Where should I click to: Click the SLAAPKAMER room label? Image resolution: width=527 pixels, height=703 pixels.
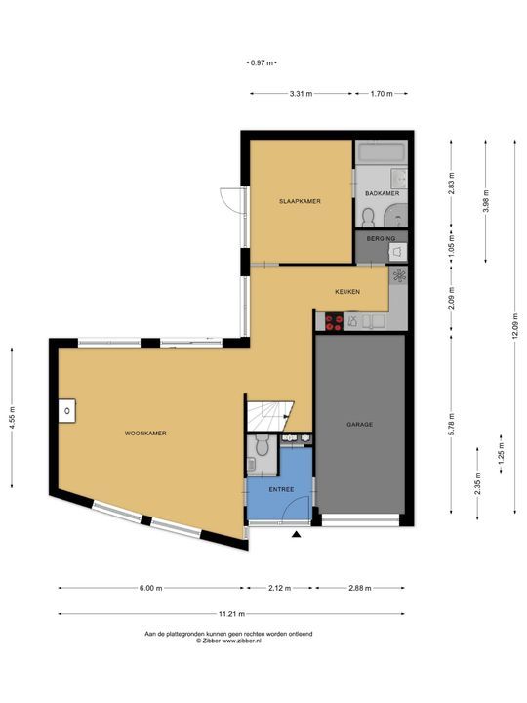[300, 201]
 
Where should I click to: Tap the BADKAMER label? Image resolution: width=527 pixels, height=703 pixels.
[382, 193]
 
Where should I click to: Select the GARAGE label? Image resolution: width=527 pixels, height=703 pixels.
[359, 424]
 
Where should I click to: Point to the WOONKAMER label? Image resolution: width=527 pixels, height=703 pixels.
[145, 434]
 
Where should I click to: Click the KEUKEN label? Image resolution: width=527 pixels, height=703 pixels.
[347, 292]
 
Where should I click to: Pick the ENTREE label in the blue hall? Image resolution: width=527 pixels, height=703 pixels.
[281, 489]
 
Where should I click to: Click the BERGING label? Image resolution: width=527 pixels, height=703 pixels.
[381, 238]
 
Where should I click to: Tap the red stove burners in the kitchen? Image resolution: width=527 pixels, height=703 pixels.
[334, 322]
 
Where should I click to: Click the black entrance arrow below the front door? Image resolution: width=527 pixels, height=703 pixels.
[296, 534]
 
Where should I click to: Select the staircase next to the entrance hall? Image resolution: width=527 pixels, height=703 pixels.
[269, 416]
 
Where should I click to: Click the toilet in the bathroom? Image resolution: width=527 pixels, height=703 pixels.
[368, 218]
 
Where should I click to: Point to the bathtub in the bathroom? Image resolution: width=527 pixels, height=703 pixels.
[382, 152]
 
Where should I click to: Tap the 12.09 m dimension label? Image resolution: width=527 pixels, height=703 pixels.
[515, 326]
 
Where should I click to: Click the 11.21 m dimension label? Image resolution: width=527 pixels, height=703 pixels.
[231, 614]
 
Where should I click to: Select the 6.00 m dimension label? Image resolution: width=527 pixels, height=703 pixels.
[150, 588]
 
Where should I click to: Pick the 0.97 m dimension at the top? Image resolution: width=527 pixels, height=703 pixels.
[262, 63]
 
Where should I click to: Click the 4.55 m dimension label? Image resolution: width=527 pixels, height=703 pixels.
[12, 418]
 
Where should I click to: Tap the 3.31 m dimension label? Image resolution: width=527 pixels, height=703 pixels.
[301, 94]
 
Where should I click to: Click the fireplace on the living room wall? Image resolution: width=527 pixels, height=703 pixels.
[66, 411]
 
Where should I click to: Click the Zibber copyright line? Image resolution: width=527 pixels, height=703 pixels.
[228, 641]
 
